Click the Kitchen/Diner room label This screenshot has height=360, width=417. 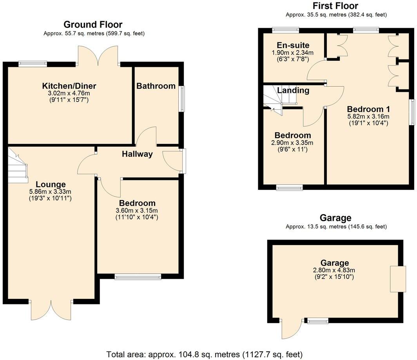[69, 86]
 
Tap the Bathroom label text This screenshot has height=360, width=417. [156, 86]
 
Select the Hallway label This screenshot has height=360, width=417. [137, 154]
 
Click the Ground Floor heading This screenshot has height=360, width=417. [93, 25]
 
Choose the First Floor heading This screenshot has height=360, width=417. [335, 6]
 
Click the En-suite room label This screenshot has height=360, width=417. [293, 45]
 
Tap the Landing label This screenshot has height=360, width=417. [293, 91]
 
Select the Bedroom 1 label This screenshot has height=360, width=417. [368, 109]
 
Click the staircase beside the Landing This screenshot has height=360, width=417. [273, 99]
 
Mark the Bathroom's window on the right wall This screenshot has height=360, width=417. [182, 99]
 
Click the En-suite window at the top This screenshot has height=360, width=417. [286, 29]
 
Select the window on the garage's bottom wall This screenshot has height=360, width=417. [317, 321]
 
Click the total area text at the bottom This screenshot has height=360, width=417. [204, 355]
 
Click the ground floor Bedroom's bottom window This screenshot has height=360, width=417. [138, 277]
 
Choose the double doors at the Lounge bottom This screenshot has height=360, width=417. [51, 310]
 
